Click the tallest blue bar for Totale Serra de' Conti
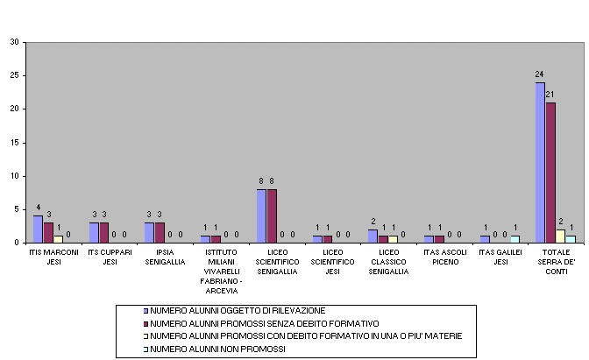pos(540,163)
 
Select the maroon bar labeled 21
pos(550,173)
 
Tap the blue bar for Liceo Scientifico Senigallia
pos(261,216)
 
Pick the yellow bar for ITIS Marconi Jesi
pos(58,239)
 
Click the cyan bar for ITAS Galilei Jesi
pos(515,239)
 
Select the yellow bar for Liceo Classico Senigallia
pos(393,239)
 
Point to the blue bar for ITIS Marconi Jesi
pos(38,229)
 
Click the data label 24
pos(539,74)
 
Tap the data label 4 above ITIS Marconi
pos(39,208)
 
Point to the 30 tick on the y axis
pos(15,42)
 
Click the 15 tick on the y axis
pos(15,143)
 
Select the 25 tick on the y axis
pos(15,75)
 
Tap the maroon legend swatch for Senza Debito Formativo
pos(145,324)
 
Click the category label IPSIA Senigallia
pos(165,258)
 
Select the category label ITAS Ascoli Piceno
pos(445,258)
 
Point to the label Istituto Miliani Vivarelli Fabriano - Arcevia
pos(221,272)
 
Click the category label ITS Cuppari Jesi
pos(110,258)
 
